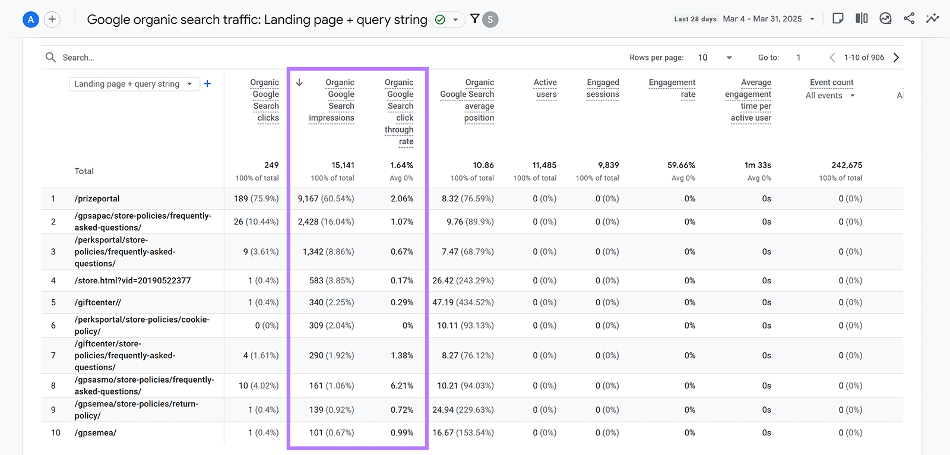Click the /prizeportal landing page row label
[97, 198]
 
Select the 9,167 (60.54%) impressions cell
[325, 198]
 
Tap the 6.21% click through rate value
[401, 386]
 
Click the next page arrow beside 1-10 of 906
[897, 58]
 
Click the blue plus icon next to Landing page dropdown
[207, 84]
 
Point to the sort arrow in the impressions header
[299, 83]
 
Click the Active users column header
[545, 88]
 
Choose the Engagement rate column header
[672, 88]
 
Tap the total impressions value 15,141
[343, 165]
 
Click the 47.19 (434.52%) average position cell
[463, 302]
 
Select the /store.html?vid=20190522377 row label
[132, 280]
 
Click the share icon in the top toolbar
[909, 18]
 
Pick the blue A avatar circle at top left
[30, 20]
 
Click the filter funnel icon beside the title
[474, 18]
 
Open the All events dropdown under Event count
[829, 96]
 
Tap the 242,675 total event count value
[847, 165]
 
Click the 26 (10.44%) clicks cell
[256, 222]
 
